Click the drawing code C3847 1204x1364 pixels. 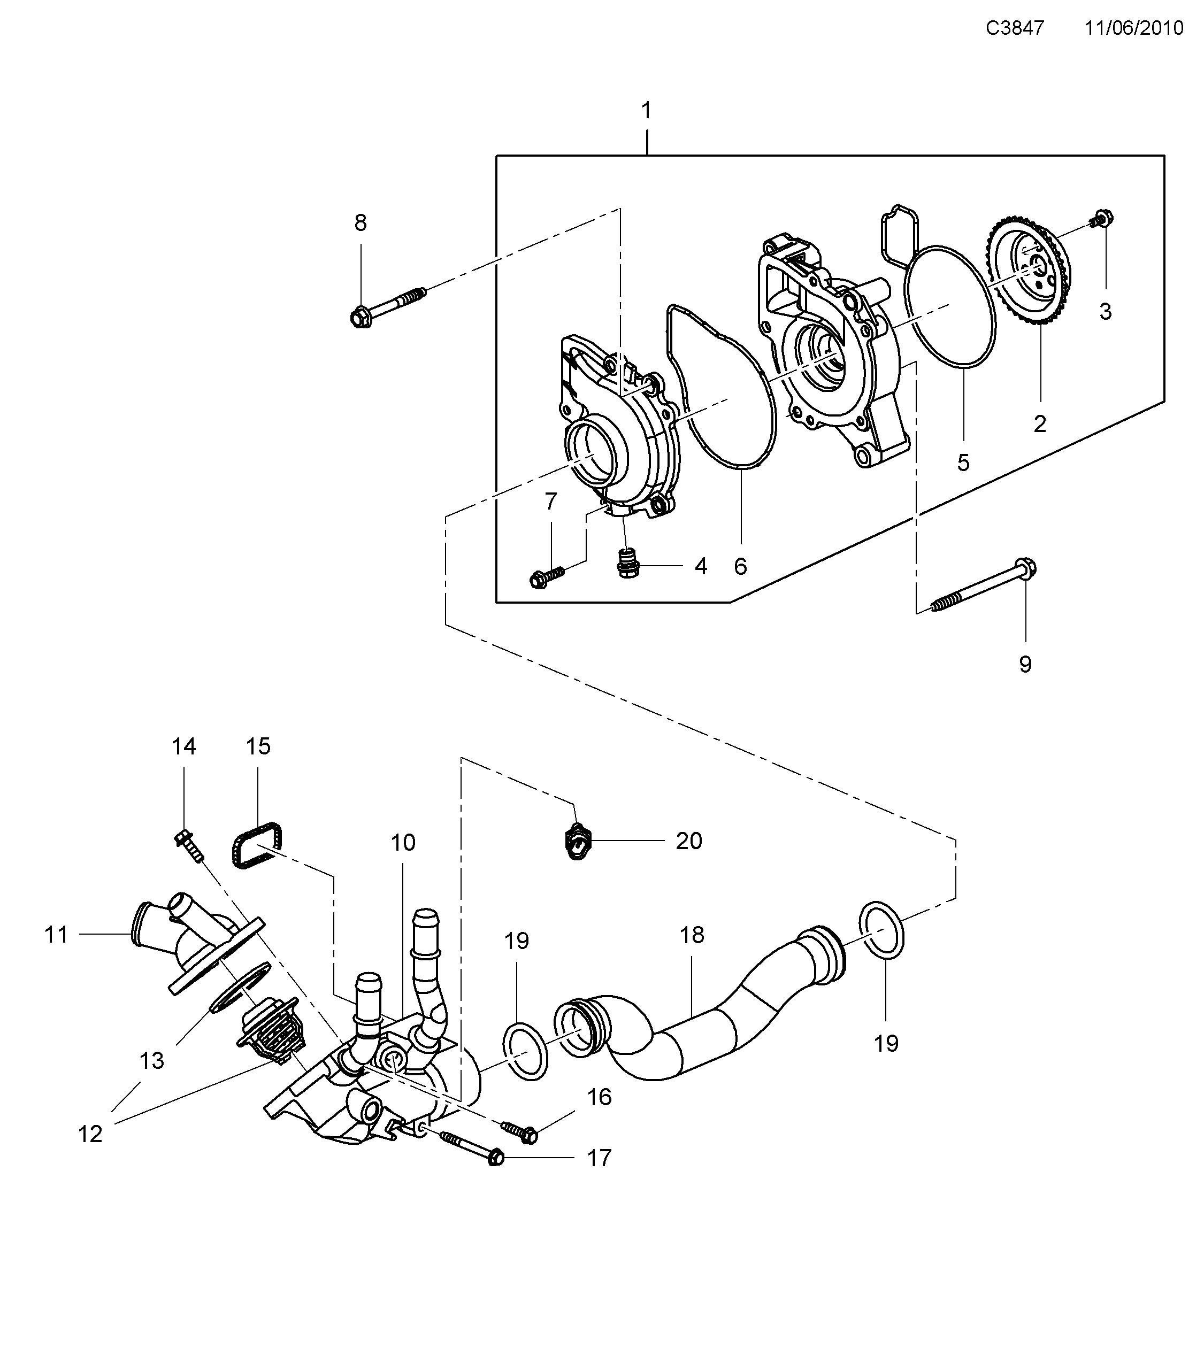pyautogui.click(x=1015, y=28)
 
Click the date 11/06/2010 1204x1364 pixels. pyautogui.click(x=1133, y=28)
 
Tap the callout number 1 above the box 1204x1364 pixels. pyautogui.click(x=646, y=110)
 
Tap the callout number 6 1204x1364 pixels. pyautogui.click(x=740, y=567)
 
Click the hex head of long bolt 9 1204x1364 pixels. pyautogui.click(x=1026, y=568)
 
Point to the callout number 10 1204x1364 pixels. pyautogui.click(x=403, y=843)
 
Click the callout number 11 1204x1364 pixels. pyautogui.click(x=56, y=934)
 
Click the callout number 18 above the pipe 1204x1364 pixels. pyautogui.click(x=692, y=935)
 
